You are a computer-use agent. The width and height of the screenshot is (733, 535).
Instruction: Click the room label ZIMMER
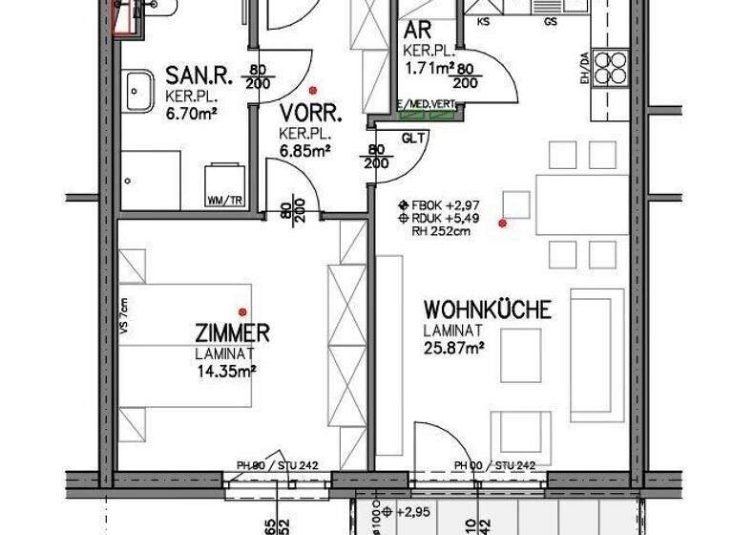[x=231, y=333]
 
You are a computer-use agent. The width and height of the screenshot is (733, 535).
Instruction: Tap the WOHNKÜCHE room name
[x=487, y=310]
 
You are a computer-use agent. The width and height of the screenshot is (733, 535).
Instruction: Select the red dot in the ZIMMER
[x=243, y=311]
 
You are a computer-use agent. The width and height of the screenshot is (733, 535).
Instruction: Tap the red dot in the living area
[x=503, y=224]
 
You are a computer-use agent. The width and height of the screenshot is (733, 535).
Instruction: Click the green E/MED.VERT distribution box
[x=428, y=113]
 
